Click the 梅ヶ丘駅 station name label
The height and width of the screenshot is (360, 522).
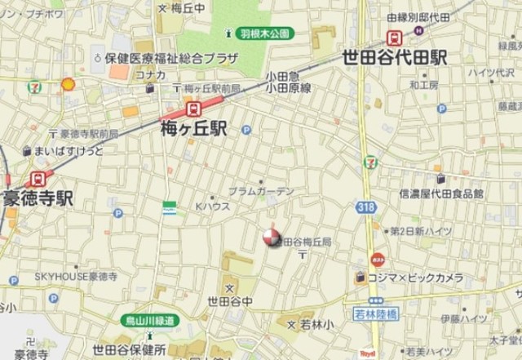195,129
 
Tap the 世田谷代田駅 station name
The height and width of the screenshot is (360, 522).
395,58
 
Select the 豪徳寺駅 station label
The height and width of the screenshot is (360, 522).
38,198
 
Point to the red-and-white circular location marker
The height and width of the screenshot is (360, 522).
270,238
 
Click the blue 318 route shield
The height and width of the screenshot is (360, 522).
366,207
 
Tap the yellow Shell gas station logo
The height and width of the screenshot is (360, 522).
69,83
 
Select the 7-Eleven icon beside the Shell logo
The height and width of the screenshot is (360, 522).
34,86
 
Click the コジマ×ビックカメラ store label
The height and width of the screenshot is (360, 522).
415,278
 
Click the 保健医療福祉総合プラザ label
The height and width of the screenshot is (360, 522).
171,58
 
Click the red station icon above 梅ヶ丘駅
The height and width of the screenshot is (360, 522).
193,108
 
